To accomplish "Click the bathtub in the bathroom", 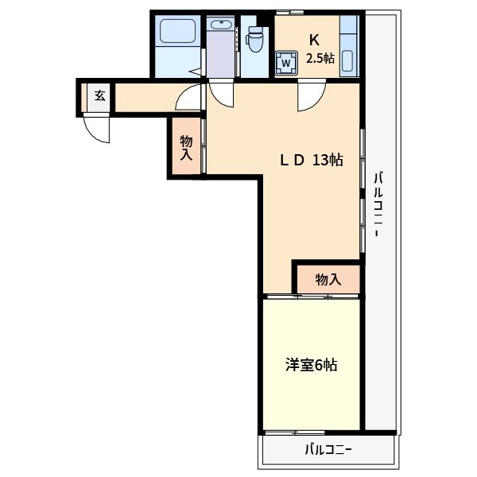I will point(177,33).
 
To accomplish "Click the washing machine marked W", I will point(285,62).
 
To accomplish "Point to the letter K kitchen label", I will point(314,39).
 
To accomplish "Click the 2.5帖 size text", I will point(320,59).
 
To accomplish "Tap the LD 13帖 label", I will point(310,160).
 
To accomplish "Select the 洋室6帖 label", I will point(312,365).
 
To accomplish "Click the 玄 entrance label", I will point(99,95).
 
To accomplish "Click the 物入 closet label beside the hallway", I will point(186,148).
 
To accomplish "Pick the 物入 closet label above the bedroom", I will point(328,279).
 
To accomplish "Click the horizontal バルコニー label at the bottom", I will point(328,450).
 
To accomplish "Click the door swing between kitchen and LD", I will point(309,96).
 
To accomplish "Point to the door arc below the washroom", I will point(221,95).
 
